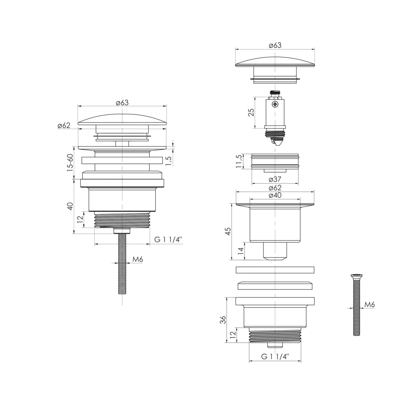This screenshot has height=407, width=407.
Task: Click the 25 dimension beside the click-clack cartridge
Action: (x=251, y=113)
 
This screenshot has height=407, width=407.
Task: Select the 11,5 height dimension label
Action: (x=239, y=162)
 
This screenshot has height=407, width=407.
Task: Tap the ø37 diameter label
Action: (x=275, y=179)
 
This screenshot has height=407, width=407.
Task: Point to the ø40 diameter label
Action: (x=275, y=195)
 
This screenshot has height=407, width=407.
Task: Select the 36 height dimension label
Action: (x=223, y=320)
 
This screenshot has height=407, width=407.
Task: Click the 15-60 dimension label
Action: (x=70, y=163)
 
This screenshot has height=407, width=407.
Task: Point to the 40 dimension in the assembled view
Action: (x=70, y=206)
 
